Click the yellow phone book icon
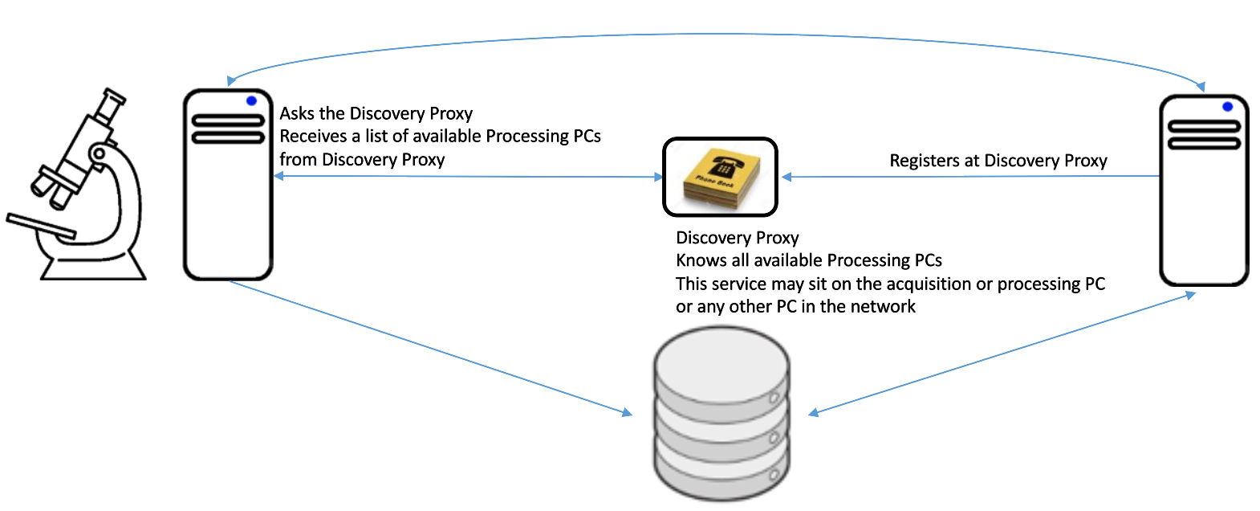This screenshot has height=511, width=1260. [x=720, y=178]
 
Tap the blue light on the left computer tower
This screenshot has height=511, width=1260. [x=251, y=101]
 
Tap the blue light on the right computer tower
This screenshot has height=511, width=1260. [x=1227, y=107]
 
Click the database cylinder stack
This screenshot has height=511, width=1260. [x=722, y=414]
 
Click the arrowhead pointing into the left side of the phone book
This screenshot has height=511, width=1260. [x=658, y=177]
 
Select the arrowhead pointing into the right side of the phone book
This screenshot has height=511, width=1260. [x=787, y=177]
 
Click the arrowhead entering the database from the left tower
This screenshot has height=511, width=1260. [x=627, y=413]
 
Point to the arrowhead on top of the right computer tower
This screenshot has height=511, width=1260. [x=1201, y=87]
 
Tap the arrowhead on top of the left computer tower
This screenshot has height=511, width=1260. [x=231, y=80]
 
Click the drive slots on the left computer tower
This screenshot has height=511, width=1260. [x=228, y=129]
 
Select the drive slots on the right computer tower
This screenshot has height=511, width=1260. [x=1204, y=135]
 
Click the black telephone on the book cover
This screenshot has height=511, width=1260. [x=723, y=170]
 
